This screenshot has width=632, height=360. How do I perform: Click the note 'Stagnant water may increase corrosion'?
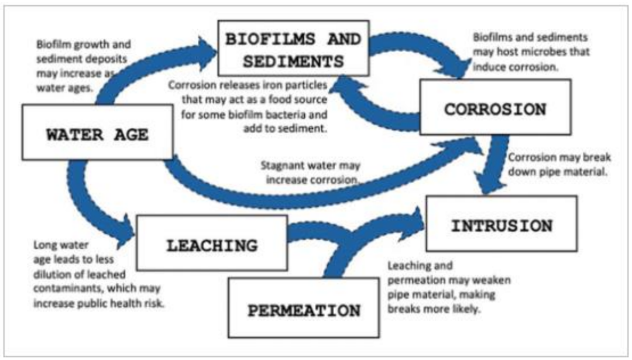pyautogui.click(x=310, y=172)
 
